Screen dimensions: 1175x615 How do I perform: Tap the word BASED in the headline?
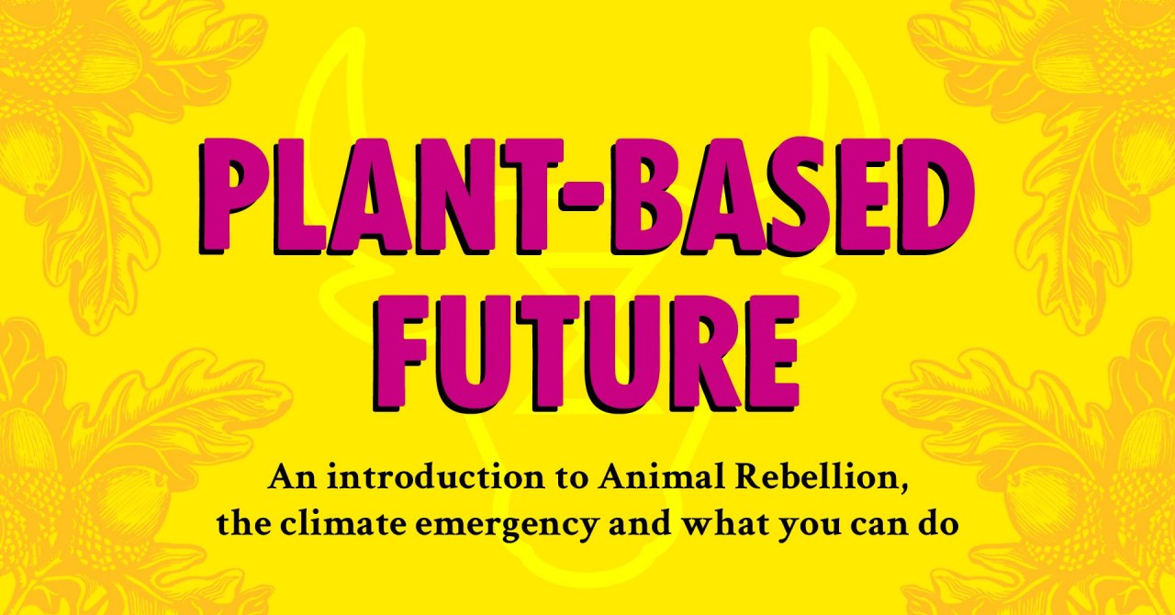tap(793, 196)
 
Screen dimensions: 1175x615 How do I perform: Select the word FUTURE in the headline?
tap(586, 353)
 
